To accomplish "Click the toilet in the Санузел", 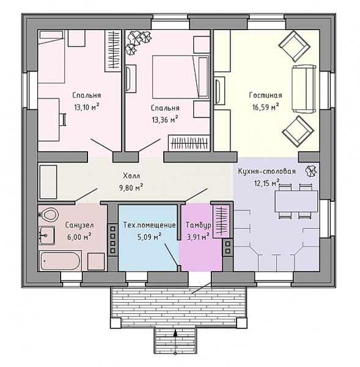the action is point(48,214).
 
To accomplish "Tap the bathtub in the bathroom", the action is point(60,261).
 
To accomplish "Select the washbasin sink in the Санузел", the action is point(47,235).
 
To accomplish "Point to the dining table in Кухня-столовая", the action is point(296,201).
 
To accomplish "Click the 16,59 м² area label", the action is point(265,107).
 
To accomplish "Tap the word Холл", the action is point(131,176).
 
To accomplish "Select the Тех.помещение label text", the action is point(150,225).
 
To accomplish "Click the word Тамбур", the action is point(199,225).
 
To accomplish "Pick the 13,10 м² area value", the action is point(87,107).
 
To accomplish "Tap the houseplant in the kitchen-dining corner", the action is point(311,171).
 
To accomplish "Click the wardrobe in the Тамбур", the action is point(221,221).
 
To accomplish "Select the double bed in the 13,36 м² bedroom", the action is point(180,76).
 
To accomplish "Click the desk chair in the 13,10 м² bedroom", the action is point(63,119).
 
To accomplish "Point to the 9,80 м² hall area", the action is point(131,188).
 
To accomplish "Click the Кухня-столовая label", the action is point(266,171).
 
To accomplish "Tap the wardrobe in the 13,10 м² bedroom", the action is point(112,51).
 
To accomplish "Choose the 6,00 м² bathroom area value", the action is point(79,237).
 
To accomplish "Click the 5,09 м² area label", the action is point(150,237).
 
